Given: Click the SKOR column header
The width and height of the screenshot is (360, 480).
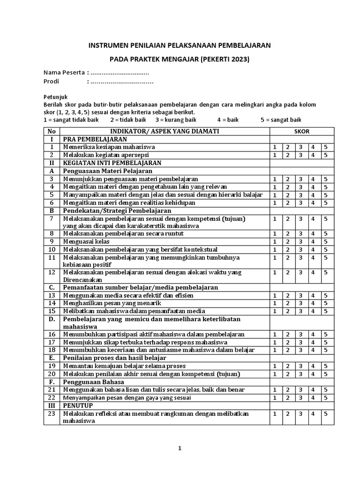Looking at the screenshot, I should (301, 132).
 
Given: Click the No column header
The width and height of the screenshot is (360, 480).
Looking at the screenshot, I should (52, 132).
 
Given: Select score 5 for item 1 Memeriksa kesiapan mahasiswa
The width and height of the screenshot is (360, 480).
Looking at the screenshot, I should (325, 147).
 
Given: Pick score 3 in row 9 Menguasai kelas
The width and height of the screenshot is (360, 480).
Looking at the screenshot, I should (300, 241).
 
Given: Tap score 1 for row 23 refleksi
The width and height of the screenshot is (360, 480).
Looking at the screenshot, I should (275, 414).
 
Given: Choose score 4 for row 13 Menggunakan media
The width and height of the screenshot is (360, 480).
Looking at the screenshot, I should (313, 295).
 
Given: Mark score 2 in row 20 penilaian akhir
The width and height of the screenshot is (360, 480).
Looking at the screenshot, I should (287, 374).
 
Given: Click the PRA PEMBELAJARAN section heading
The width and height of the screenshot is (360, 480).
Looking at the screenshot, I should (96, 140).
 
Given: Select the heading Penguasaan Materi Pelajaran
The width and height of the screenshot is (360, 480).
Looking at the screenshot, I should (105, 171).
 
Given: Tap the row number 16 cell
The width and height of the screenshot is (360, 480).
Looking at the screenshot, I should (52, 334).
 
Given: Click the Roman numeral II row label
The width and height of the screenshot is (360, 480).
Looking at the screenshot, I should (52, 163).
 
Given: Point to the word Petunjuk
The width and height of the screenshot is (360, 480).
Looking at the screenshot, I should (56, 96).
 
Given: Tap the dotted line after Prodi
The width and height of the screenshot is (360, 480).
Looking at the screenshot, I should (121, 82).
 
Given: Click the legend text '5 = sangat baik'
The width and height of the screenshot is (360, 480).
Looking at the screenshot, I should (281, 120).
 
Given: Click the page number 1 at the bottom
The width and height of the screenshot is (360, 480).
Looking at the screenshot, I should (180, 448).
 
